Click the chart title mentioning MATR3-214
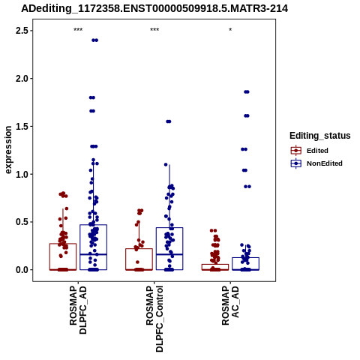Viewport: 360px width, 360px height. [x=154, y=8]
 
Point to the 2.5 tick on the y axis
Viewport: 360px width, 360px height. [x=21, y=31]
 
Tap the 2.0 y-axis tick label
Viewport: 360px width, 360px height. [x=21, y=79]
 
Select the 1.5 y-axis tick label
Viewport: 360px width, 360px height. [x=21, y=126]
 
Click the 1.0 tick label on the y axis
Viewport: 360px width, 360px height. [x=21, y=174]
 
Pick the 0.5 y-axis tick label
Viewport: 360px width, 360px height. [x=21, y=222]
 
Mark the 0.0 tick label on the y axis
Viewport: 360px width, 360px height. [x=21, y=270]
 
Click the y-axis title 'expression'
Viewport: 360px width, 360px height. [x=8, y=150]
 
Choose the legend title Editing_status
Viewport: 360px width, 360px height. [x=320, y=136]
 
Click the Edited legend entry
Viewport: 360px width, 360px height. [x=317, y=151]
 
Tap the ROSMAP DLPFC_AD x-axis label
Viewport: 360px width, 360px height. [x=78, y=310]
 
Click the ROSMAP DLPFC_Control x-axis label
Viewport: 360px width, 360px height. [x=154, y=319]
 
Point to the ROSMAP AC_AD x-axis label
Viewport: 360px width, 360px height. [x=230, y=305]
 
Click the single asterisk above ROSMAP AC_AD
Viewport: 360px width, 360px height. [x=230, y=29]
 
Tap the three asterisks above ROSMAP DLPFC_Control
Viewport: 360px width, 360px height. [x=154, y=29]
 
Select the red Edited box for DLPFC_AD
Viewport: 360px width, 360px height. [x=63, y=244]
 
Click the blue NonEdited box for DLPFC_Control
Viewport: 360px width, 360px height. [x=169, y=228]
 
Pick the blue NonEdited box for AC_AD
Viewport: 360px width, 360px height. [x=245, y=258]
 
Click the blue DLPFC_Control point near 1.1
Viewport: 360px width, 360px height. [x=166, y=164]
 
